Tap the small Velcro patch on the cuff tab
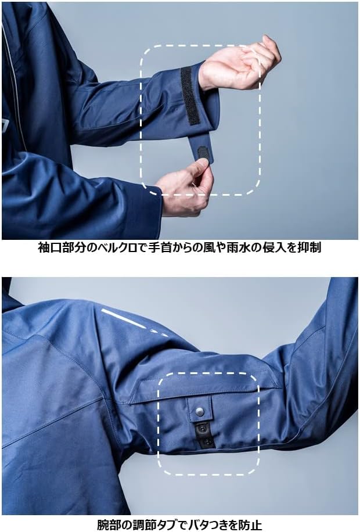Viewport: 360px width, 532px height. (203, 153)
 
